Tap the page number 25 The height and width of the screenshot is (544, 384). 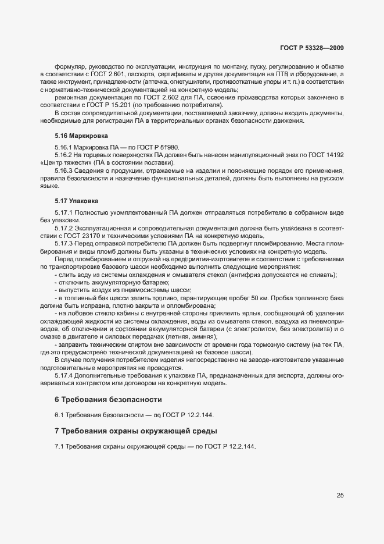pos(340,495)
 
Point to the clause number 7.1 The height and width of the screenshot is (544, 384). pos(59,446)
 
